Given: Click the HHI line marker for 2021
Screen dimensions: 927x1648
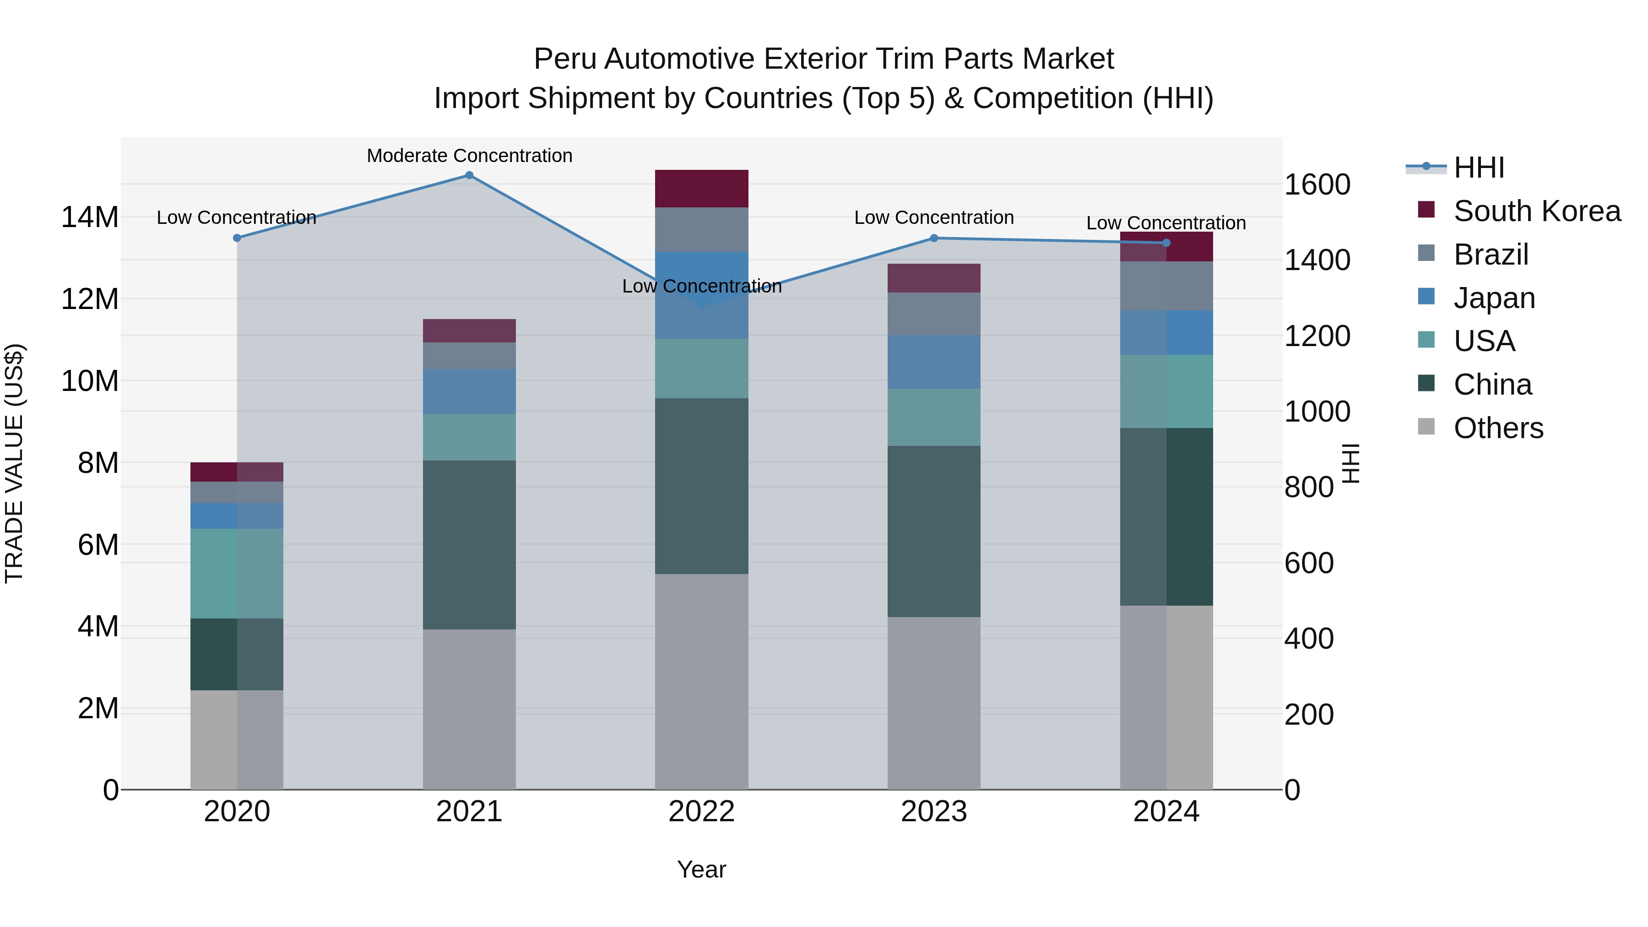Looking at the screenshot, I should coord(469,175).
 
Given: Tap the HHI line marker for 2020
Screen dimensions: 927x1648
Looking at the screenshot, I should coord(237,238).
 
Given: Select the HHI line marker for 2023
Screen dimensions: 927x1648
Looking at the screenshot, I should coord(933,238).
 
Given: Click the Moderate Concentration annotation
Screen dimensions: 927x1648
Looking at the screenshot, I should coord(469,156).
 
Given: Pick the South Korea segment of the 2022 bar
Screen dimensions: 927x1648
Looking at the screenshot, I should coord(701,189).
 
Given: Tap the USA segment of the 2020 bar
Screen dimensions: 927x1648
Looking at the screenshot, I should coord(237,573).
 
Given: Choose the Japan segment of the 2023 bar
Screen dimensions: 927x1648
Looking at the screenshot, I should coord(933,362).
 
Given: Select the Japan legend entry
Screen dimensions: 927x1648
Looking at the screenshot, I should coord(1494,298).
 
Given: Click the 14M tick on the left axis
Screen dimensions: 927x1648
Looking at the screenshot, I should coord(90,217).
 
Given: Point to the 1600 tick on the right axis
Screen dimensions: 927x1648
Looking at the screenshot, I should coord(1317,185).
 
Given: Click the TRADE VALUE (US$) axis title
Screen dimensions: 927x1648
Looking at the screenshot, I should coord(14,463).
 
